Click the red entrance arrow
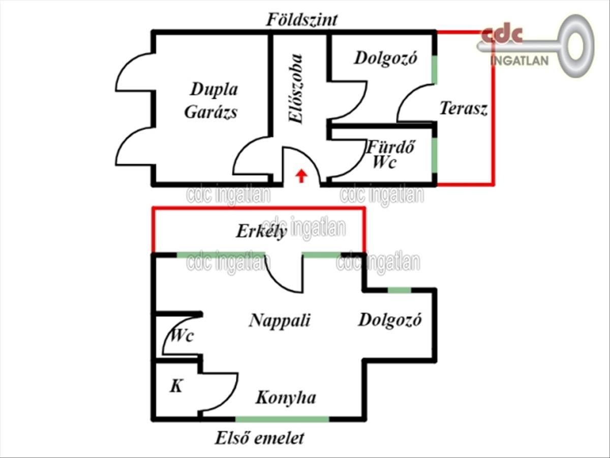coord(301,176)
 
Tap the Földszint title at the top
coord(302,20)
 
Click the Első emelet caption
coord(260,438)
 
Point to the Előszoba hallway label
coord(295,89)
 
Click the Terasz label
coord(464,109)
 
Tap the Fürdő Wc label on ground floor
coord(390,155)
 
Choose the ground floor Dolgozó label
coord(386,58)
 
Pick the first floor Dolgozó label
coord(390,321)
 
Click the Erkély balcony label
coord(261,232)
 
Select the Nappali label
coord(280,321)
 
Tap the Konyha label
coord(285,397)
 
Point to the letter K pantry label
coord(175,387)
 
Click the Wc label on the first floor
coord(181,336)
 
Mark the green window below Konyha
coord(282,419)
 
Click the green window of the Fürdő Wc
coord(435,153)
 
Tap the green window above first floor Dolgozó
coord(399,290)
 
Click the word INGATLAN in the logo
coord(520,61)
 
